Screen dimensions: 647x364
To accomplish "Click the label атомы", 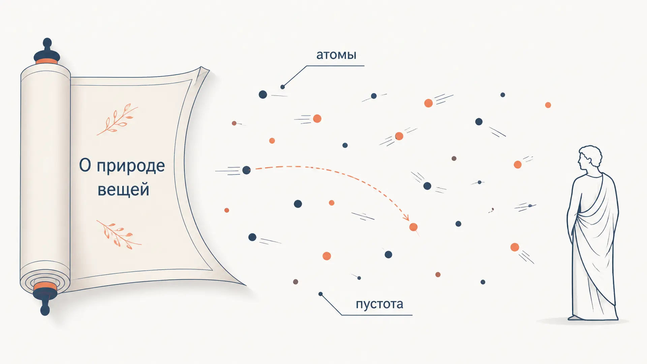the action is coord(336,55).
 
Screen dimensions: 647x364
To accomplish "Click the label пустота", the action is coord(379,304).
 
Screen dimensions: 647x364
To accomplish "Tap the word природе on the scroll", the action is coord(131,166).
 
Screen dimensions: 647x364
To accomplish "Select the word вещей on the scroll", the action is coord(123,189).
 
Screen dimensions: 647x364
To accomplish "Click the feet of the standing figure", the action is coord(578,317).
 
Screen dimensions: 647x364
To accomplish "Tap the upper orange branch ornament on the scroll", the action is coord(117,119).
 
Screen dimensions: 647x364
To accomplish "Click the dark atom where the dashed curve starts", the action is coord(247,170).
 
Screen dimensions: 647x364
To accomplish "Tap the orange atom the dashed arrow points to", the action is coord(413,227).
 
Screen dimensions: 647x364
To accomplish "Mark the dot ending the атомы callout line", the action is coord(283,87).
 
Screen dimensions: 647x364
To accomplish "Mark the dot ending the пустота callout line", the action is coord(320,294).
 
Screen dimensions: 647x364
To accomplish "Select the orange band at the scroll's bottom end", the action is coord(45,286).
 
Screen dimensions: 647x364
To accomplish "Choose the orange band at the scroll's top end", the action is coord(47,61).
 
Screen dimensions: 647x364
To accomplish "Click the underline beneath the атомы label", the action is coord(335,66).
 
